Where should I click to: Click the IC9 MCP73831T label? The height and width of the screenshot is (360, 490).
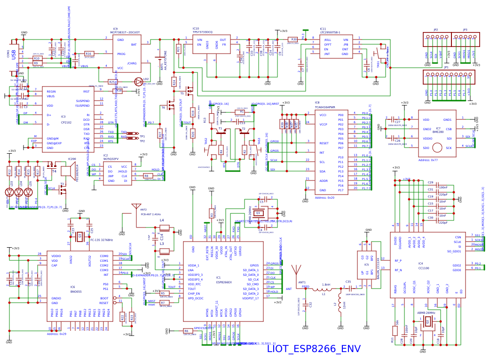point(125,32)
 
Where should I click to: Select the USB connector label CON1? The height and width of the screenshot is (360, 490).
point(8,54)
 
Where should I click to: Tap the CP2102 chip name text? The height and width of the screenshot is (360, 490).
point(66,122)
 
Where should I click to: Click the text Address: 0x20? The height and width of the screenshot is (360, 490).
point(324,198)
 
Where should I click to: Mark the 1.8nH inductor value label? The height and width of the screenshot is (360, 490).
point(326,284)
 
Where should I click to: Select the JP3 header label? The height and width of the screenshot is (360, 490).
point(465,29)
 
